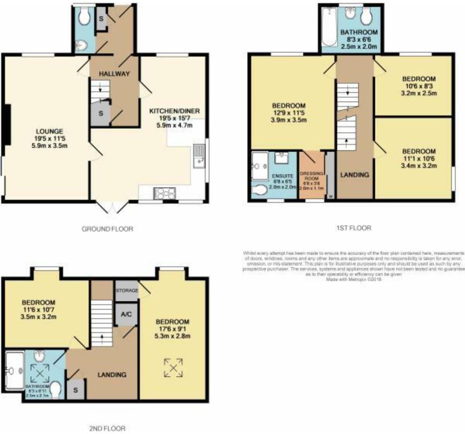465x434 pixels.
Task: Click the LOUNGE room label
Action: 49,132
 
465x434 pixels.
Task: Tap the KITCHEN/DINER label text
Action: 175,111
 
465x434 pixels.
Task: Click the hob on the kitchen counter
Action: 165,192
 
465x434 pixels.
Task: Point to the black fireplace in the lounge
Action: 7,125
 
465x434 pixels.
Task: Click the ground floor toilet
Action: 84,17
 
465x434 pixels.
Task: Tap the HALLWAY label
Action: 114,74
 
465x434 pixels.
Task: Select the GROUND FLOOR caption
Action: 107,229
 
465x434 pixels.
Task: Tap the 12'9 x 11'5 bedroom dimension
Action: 288,113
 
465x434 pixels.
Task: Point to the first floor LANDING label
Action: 354,175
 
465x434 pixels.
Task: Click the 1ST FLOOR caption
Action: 353,228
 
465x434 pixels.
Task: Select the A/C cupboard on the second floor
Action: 126,314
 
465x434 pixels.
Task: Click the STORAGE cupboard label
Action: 127,290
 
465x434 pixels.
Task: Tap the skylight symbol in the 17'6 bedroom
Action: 173,367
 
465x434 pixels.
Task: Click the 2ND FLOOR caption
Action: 107,428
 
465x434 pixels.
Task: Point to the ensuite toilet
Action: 260,190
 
